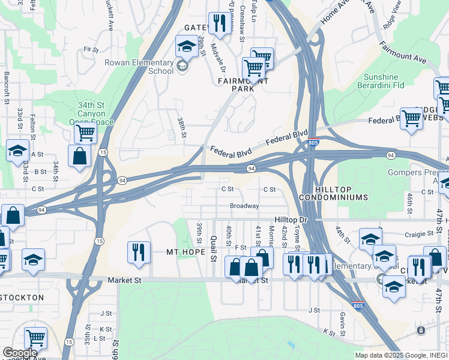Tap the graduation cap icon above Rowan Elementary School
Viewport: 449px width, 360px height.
pyautogui.click(x=186, y=46)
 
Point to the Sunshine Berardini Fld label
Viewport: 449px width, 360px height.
pyautogui.click(x=389, y=81)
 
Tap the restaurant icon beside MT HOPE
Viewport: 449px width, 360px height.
pyautogui.click(x=139, y=251)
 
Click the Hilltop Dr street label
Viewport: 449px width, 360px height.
pyautogui.click(x=291, y=220)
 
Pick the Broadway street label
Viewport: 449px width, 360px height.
pyautogui.click(x=244, y=206)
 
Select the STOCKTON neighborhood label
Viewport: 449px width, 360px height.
pyautogui.click(x=22, y=298)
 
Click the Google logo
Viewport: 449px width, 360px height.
pyautogui.click(x=20, y=353)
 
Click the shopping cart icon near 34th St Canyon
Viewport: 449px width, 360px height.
pyautogui.click(x=85, y=133)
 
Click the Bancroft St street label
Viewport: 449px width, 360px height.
pyautogui.click(x=7, y=88)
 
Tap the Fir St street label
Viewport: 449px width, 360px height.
pyautogui.click(x=91, y=50)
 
